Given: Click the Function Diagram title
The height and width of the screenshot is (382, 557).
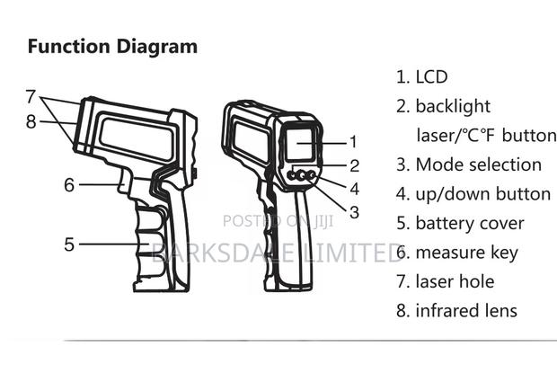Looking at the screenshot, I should pos(112,47).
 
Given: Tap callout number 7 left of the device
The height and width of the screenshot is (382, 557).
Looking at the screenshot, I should pos(31,95).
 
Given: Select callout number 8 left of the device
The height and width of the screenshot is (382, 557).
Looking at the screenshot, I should pos(31,120).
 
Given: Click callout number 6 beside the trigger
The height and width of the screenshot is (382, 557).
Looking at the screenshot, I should pos(69,185).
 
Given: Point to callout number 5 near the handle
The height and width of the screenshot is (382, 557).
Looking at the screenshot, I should pos(69,243).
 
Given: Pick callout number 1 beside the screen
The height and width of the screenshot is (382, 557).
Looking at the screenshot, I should pos(353,141).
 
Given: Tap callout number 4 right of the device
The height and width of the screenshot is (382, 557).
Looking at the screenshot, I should pos(354,189).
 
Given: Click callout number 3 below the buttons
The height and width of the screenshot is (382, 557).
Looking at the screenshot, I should pos(354,212).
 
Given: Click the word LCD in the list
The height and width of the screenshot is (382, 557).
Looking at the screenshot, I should pos(431,77).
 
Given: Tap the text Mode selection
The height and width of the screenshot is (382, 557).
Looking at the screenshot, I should pos(478,164).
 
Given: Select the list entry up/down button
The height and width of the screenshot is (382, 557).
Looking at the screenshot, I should pos(482,193).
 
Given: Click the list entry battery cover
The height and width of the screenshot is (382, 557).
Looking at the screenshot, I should pos(469,223).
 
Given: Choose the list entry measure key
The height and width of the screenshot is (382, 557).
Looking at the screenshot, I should pos(466,253).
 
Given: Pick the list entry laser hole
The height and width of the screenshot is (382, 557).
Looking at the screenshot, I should pos(455,281).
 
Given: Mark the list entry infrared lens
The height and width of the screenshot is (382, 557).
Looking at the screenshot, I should pos(465,311).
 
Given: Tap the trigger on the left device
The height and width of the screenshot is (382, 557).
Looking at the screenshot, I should pos(137,189).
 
